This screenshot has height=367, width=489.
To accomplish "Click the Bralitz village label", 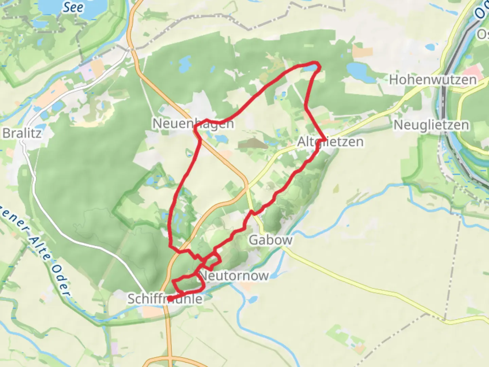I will click(x=22, y=133).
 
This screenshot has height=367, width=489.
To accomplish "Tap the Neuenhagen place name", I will click(x=193, y=123).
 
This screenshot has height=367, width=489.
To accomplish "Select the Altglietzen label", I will click(x=330, y=141).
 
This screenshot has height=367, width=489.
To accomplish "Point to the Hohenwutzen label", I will click(x=433, y=80).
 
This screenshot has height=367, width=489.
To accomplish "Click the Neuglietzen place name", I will click(x=431, y=125).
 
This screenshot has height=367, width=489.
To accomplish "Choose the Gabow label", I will click(x=270, y=240).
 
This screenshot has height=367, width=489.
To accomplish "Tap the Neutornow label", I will click(x=234, y=276).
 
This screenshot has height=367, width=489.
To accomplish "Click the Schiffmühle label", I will click(x=165, y=299).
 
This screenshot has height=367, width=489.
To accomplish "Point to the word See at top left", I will click(x=73, y=7).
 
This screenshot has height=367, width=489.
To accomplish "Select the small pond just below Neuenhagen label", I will click(x=221, y=139).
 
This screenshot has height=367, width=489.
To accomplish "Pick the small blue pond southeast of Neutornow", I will click(x=252, y=299).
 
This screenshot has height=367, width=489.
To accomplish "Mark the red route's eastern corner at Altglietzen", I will click(x=325, y=140).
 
